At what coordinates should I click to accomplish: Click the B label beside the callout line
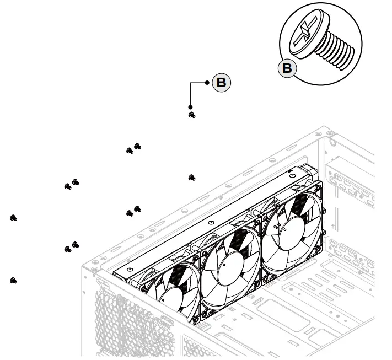[x=221, y=83]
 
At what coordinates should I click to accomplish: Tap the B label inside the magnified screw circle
[x=287, y=68]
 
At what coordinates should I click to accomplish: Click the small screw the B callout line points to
[x=191, y=115]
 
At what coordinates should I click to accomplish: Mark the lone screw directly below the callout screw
[x=191, y=177]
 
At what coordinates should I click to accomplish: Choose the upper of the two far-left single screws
[x=13, y=218]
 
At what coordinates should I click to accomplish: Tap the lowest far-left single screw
[x=13, y=281]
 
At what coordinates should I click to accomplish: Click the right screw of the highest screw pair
[x=137, y=146]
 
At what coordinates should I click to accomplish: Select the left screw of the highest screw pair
[x=130, y=151]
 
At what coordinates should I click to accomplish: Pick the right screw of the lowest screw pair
[x=76, y=244]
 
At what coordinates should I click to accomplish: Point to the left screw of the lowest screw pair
[x=68, y=249]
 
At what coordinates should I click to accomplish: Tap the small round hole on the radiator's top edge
[x=212, y=223]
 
